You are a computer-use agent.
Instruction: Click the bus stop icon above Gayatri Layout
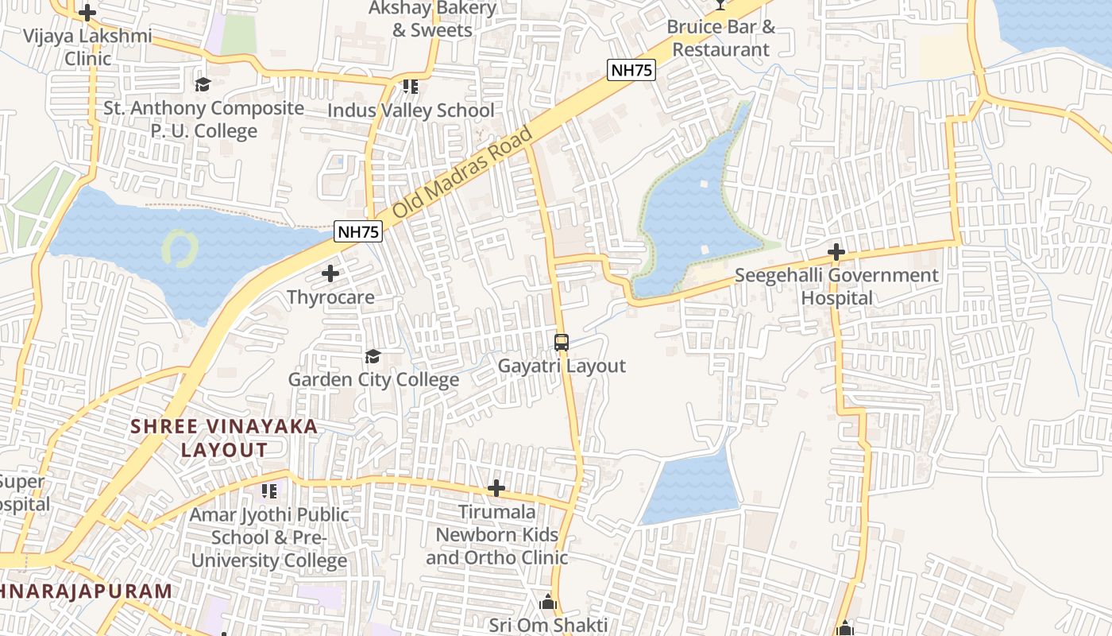click(x=562, y=343)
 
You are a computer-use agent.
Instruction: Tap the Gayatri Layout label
click(x=562, y=366)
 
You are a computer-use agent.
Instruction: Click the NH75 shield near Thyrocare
click(x=359, y=231)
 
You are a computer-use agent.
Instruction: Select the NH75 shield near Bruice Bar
click(x=631, y=70)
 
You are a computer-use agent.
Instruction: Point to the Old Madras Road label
click(x=461, y=173)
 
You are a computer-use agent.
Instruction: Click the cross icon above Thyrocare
click(x=330, y=274)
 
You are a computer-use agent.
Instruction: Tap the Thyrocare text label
click(x=330, y=297)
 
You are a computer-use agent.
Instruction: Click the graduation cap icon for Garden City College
click(x=373, y=356)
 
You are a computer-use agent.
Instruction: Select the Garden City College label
click(x=373, y=379)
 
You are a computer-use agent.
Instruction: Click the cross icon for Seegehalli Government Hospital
click(x=836, y=253)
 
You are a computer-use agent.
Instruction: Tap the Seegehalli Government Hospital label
click(x=836, y=287)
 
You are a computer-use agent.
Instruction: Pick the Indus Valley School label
click(x=411, y=111)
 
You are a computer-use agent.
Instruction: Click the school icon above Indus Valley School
click(x=410, y=86)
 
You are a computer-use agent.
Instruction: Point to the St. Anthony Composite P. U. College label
click(x=204, y=119)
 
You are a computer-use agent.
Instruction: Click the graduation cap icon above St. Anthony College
click(x=203, y=84)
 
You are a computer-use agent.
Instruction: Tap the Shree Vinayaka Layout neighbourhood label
click(x=224, y=438)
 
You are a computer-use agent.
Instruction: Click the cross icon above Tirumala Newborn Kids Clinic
click(x=496, y=487)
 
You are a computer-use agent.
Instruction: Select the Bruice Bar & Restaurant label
click(x=720, y=38)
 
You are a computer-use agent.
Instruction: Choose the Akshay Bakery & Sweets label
click(x=433, y=19)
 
